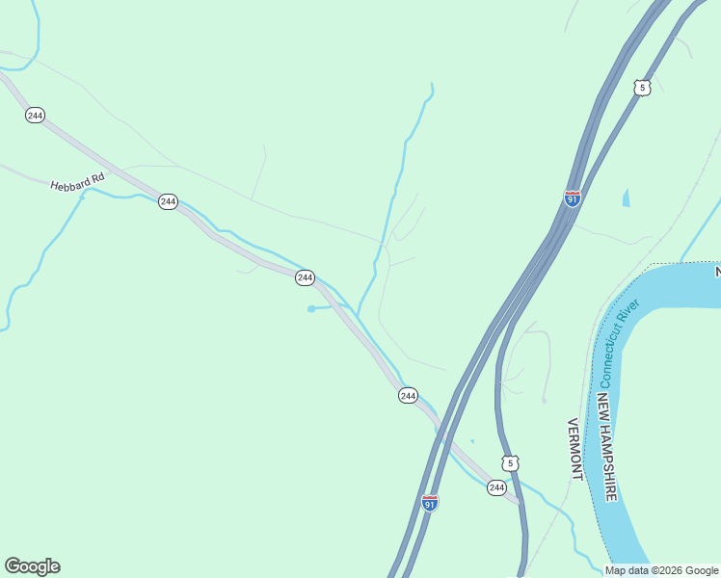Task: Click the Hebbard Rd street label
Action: [77, 182]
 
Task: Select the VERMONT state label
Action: [575, 449]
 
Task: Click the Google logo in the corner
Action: [32, 566]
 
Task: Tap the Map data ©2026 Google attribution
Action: [661, 570]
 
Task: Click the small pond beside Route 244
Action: [312, 308]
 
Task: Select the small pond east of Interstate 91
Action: [627, 198]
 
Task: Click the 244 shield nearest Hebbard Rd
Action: [168, 201]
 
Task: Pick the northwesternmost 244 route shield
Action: [35, 116]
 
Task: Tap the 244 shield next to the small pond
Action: [305, 277]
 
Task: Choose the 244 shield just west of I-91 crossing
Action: [408, 396]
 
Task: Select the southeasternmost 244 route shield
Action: [496, 487]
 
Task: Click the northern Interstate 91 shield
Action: [573, 198]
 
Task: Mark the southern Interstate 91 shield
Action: [429, 503]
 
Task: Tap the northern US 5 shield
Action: [643, 88]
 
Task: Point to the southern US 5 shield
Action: [511, 463]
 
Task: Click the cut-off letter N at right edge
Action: [717, 273]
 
